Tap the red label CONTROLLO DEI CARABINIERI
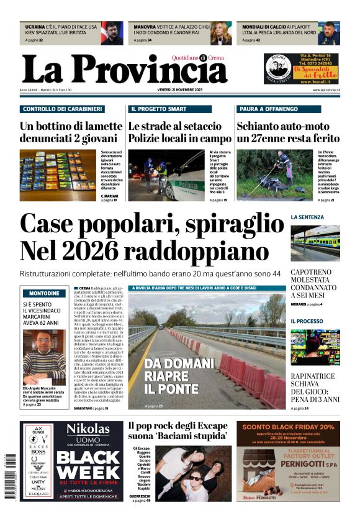(62, 109)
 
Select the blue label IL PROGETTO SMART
(158, 109)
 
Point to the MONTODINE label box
(45, 293)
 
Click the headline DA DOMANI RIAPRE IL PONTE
(163, 376)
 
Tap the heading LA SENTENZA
(307, 217)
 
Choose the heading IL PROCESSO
(307, 321)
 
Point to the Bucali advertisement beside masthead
(302, 68)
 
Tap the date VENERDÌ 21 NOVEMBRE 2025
(181, 91)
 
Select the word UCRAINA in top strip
(35, 27)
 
